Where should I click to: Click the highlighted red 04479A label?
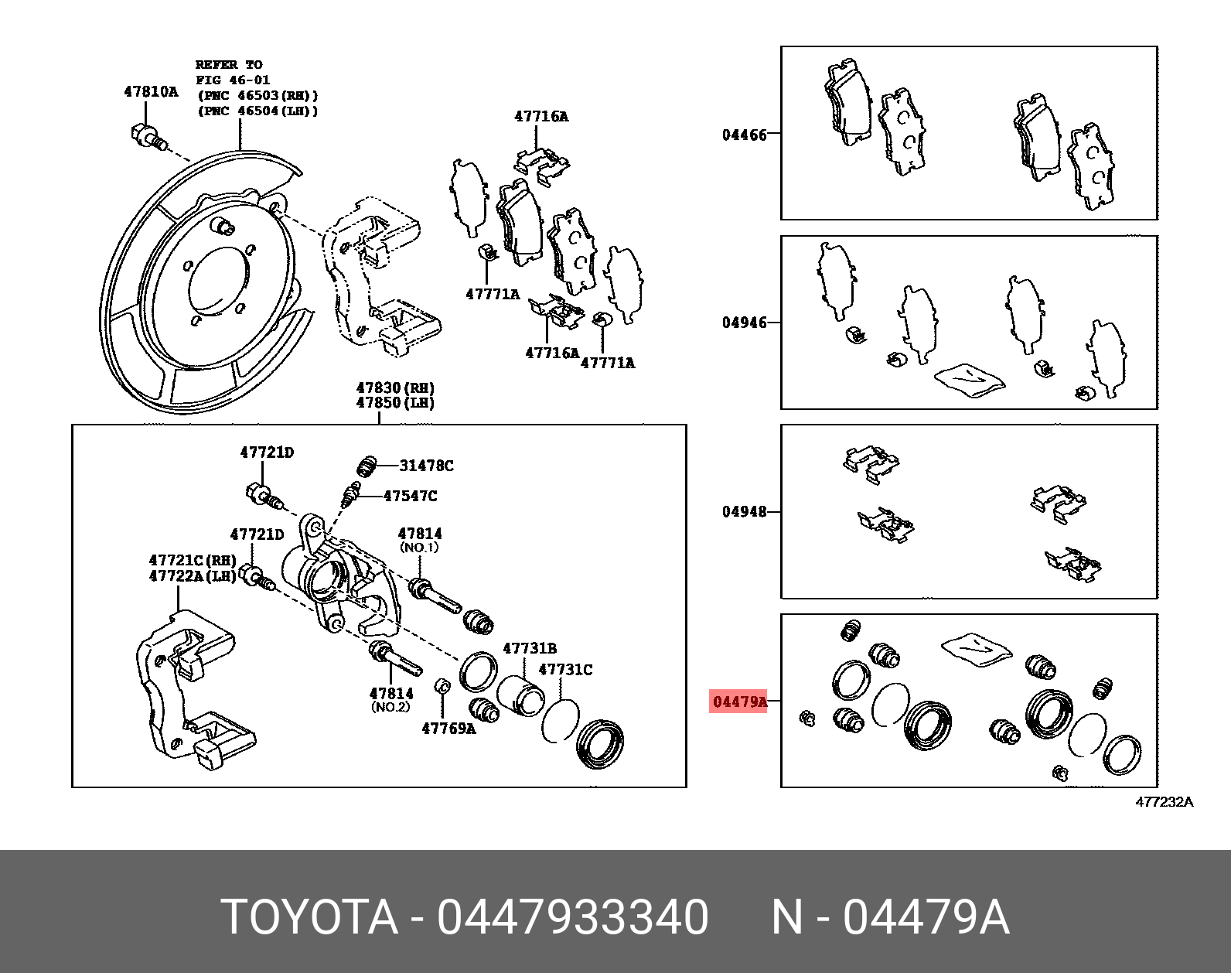pos(738,702)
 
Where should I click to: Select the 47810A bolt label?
pos(151,92)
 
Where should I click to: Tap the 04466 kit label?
pos(744,135)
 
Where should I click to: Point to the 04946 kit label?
pos(744,323)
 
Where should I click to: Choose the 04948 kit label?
pos(744,511)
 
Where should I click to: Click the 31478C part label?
pos(426,466)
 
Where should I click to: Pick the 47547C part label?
pos(410,496)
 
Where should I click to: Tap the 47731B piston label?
pos(530,648)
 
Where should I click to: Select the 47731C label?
pos(565,670)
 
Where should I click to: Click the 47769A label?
pos(448,728)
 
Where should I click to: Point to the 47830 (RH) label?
pos(395,388)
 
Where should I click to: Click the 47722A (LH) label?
pos(193,575)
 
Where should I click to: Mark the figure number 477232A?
pos(1164,802)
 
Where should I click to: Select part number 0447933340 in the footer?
pos(572,917)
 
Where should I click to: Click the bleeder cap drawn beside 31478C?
pos(367,466)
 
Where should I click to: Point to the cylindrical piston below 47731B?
pos(520,694)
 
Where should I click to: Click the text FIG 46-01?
pos(233,80)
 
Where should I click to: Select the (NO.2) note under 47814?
pos(390,707)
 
